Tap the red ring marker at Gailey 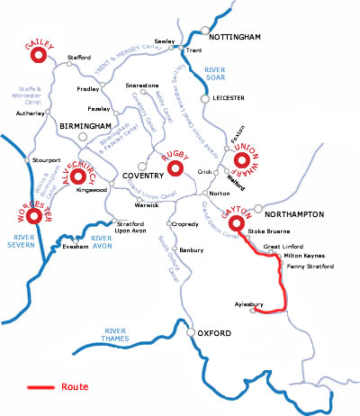click(39, 56)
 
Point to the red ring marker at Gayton click(238, 222)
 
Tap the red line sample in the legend click(40, 388)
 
